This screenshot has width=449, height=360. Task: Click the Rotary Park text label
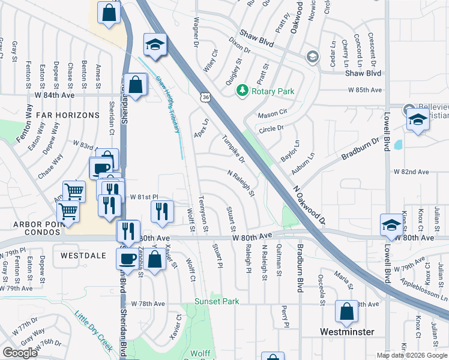pos(273,91)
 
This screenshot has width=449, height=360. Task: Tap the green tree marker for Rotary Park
pos(242,91)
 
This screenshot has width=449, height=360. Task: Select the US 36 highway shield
pos(206,97)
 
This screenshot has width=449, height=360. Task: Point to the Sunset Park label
pos(217,301)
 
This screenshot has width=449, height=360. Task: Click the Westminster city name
pos(348,332)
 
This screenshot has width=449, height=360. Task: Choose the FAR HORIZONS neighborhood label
pos(67,115)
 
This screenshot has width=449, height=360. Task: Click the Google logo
pos(20,353)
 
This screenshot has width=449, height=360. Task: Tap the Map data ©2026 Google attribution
pos(412,355)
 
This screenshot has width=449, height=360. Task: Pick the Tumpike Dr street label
pos(234,148)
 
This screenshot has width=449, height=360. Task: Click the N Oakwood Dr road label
pos(309,203)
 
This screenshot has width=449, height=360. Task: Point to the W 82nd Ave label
pos(411,172)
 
